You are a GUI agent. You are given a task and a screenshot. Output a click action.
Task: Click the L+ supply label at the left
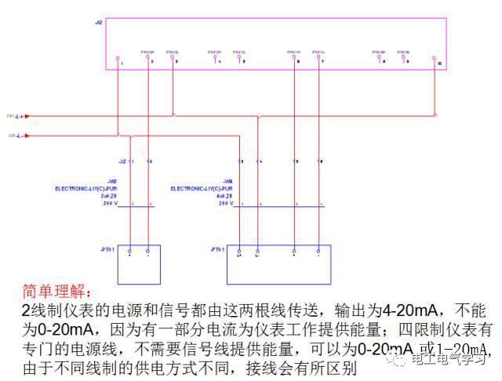tap(17, 114)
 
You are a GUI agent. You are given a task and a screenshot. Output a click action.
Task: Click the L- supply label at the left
tap(17, 136)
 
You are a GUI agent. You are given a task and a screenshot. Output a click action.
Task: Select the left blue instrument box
tap(139, 264)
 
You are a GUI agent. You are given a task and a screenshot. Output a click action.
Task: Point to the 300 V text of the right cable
tap(226, 202)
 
